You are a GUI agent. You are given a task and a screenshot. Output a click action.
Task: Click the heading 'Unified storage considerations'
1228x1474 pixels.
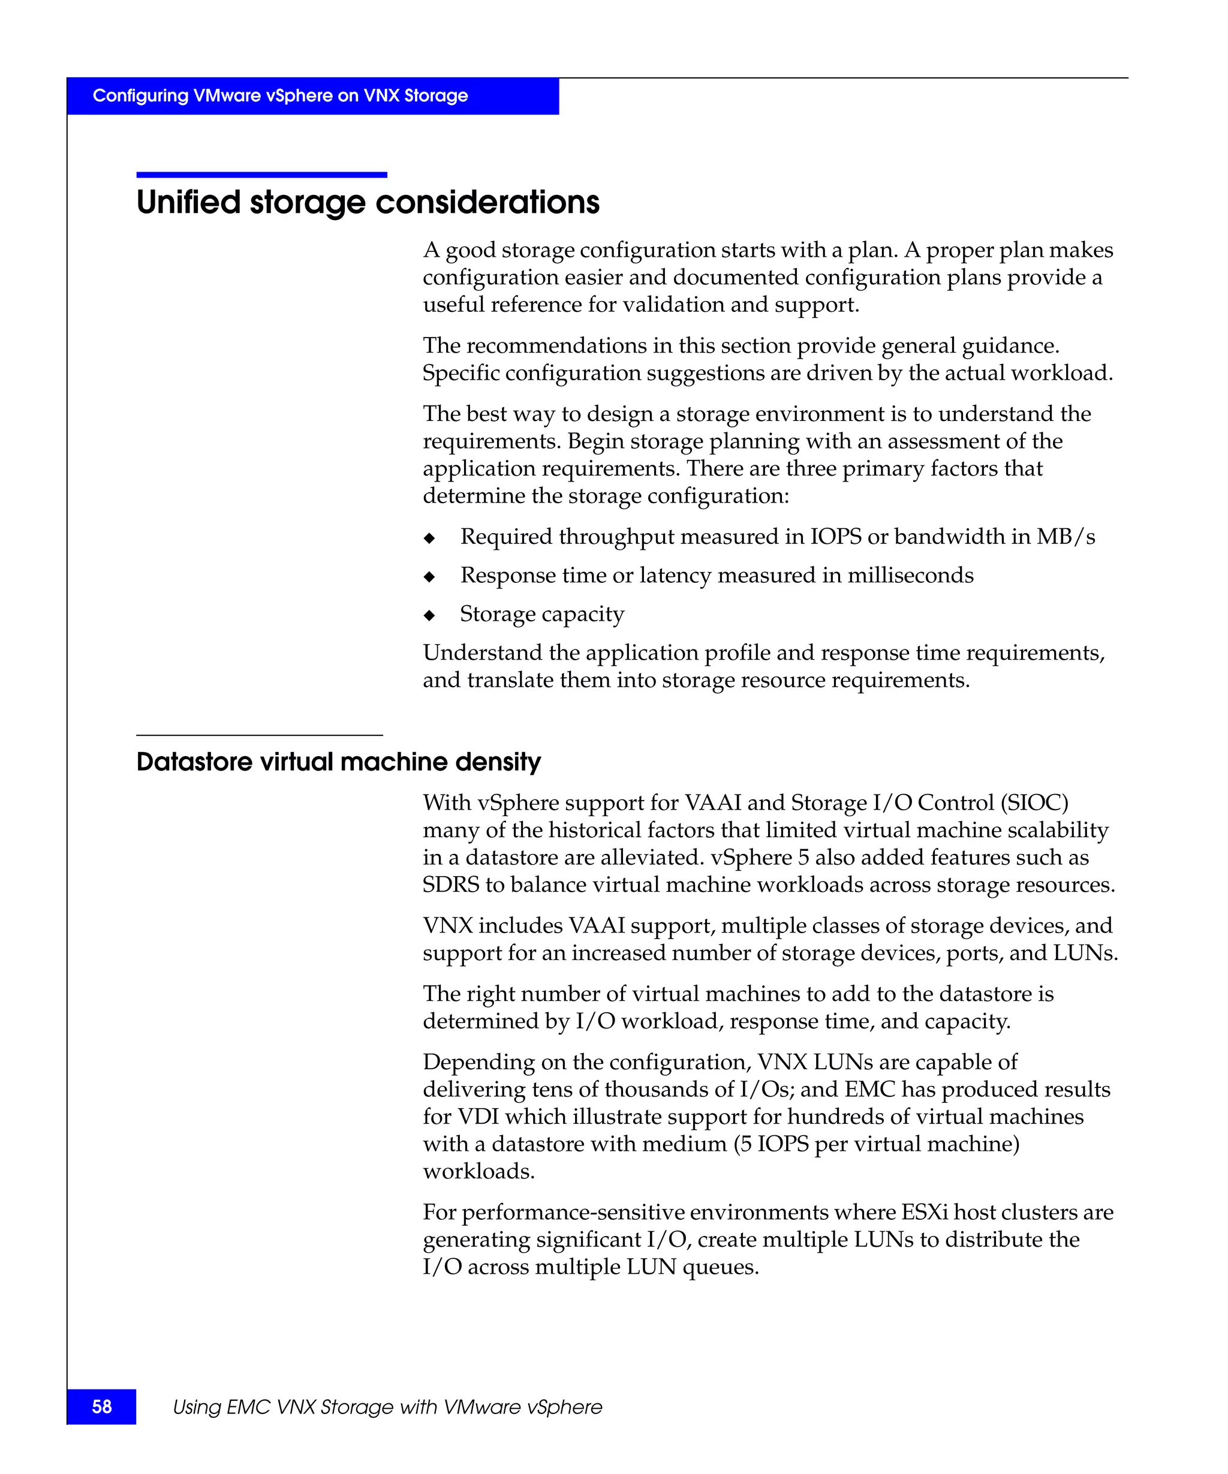368,202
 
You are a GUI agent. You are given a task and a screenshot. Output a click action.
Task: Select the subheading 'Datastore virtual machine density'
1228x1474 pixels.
338,762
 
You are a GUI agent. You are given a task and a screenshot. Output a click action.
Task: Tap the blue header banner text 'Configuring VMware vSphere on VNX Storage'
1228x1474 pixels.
280,95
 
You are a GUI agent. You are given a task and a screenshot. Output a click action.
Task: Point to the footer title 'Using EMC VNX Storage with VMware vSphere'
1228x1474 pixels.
387,1407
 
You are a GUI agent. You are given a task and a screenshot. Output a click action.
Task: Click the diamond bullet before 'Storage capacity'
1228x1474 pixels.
429,616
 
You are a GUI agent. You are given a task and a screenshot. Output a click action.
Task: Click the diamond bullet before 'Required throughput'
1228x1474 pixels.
429,539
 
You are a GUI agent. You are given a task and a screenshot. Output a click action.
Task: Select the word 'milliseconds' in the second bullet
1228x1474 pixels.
910,575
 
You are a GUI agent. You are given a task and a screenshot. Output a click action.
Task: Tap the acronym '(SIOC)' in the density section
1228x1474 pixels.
1034,802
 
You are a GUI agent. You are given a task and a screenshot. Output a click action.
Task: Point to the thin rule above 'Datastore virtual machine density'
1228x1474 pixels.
259,735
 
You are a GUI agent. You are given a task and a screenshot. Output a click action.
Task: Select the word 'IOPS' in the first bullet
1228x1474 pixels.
835,536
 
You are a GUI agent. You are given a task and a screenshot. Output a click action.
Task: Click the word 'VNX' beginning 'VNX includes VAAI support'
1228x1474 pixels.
448,925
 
